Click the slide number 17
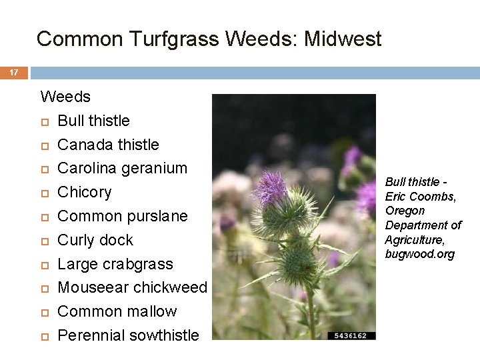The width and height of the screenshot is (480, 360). click(x=14, y=72)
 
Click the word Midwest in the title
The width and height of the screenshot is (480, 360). click(x=343, y=39)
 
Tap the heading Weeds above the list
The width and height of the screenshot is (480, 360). click(x=65, y=97)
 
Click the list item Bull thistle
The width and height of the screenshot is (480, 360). click(x=93, y=121)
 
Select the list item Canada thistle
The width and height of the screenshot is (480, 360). click(x=108, y=145)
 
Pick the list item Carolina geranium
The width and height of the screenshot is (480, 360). click(x=122, y=168)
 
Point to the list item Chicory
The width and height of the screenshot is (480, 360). click(x=84, y=192)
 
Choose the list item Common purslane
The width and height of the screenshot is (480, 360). click(x=122, y=216)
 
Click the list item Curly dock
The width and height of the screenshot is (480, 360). click(x=95, y=240)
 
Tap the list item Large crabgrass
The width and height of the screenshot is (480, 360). click(x=115, y=264)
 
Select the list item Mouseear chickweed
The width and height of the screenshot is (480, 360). click(x=132, y=287)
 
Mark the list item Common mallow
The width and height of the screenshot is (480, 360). click(x=117, y=311)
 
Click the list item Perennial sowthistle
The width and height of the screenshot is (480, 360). click(x=128, y=335)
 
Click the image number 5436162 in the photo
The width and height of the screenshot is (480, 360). click(x=351, y=335)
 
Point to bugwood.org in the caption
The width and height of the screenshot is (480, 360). click(x=419, y=254)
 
